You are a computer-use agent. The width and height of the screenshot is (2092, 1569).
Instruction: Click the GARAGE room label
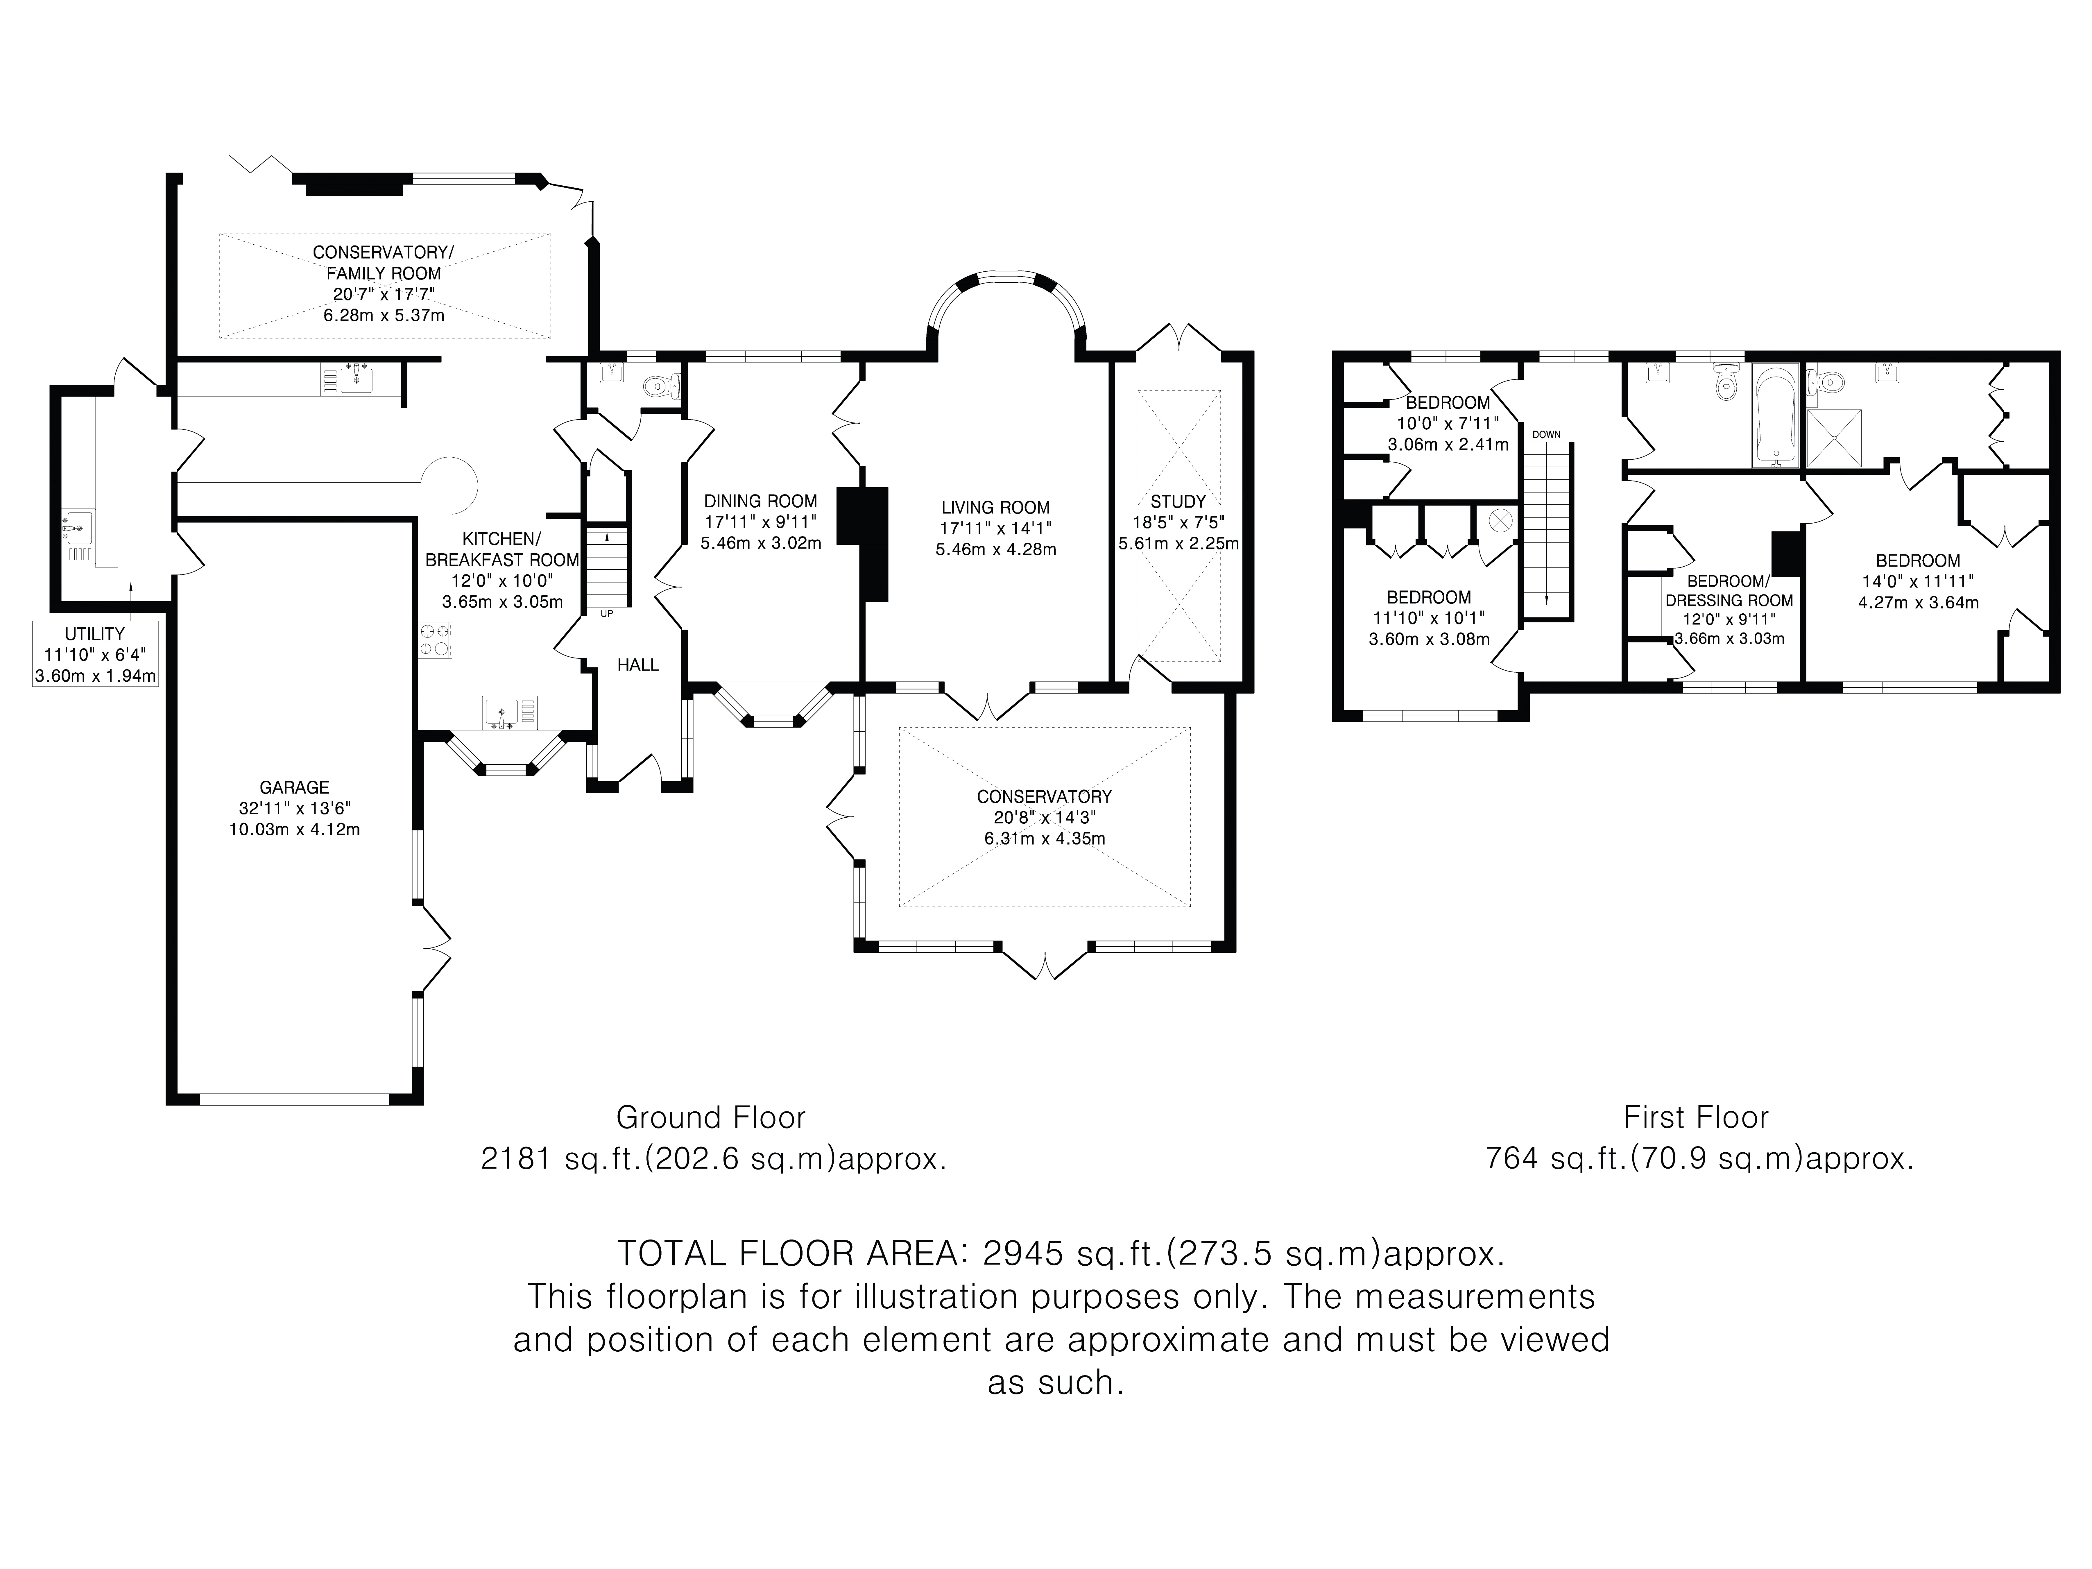click(294, 787)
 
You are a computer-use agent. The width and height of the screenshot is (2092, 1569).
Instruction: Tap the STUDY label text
click(1177, 501)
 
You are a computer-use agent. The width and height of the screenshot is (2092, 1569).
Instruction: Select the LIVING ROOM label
click(995, 508)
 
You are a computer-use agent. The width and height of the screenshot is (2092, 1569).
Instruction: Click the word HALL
click(638, 665)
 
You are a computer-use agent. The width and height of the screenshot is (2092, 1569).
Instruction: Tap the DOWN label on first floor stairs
click(1546, 434)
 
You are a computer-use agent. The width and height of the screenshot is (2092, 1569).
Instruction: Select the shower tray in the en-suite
click(1834, 438)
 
